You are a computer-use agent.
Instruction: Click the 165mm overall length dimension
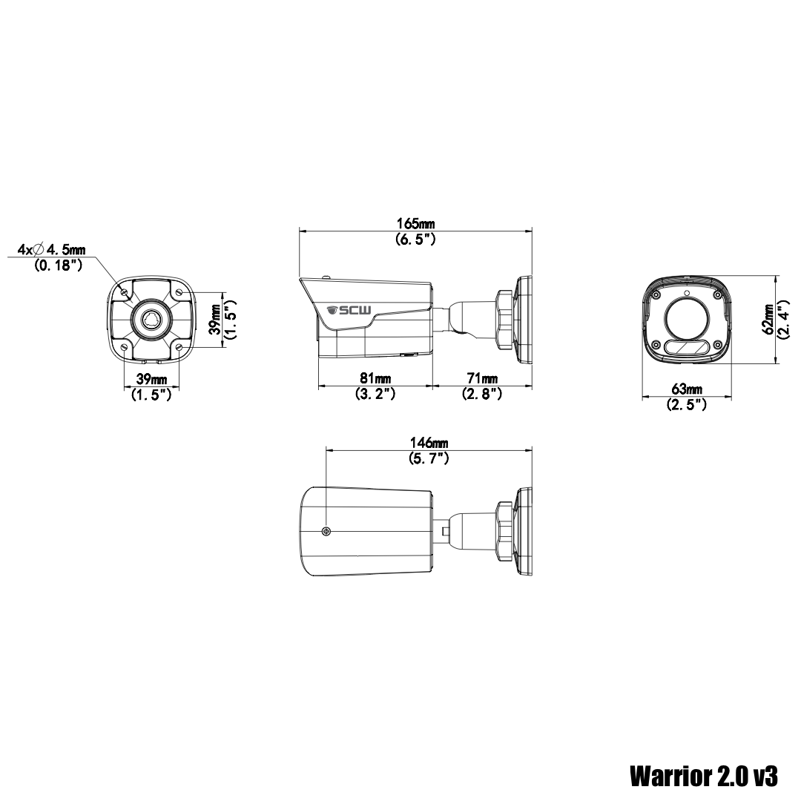click(415, 223)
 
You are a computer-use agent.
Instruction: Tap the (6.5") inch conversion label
click(415, 239)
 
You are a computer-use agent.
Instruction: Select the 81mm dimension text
click(375, 378)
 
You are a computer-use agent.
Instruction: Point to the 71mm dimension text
click(482, 378)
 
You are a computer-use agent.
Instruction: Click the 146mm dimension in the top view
click(429, 443)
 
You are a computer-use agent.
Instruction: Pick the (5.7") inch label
click(429, 458)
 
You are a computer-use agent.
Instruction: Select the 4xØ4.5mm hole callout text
click(52, 248)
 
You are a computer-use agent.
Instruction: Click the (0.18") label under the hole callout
click(59, 265)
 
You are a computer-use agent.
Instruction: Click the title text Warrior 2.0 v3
click(704, 776)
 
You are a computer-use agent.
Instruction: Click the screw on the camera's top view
click(326, 531)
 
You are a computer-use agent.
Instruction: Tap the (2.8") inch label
click(482, 394)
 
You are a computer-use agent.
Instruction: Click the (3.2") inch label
click(375, 394)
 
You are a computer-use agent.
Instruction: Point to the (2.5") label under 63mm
click(686, 405)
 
